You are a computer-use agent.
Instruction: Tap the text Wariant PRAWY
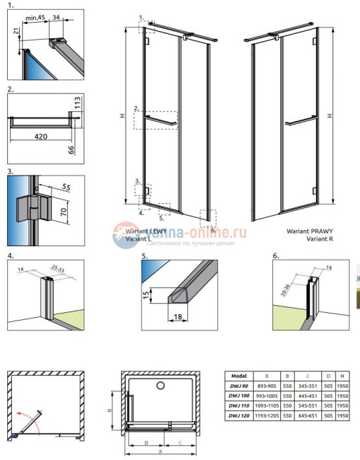click(x=309, y=231)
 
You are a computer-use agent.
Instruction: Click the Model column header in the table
click(x=238, y=376)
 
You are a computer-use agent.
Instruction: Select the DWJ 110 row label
click(x=238, y=408)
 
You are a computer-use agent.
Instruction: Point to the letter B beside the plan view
click(x=109, y=409)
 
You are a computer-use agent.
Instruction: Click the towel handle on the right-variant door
click(x=301, y=124)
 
